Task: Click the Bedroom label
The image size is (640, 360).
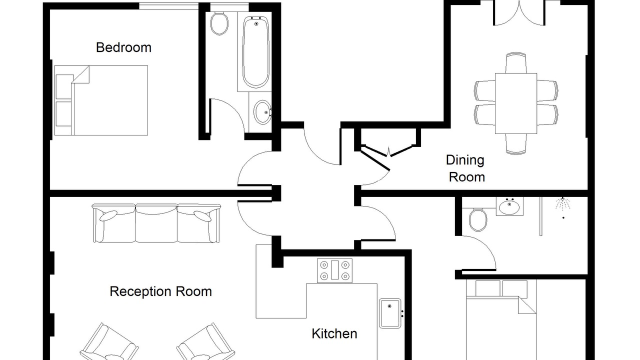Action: pos(123,47)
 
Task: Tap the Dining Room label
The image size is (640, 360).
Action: pos(465,168)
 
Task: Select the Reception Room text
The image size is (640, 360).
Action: pos(160,291)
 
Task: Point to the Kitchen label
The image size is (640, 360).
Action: pos(334,333)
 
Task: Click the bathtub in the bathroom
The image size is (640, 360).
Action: pos(255,52)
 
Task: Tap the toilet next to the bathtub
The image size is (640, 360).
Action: pos(219,23)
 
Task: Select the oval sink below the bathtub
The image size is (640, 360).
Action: pos(262,112)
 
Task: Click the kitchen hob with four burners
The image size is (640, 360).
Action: pos(334,270)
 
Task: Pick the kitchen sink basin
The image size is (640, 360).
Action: pos(390,313)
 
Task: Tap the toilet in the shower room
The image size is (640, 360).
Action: pos(478,219)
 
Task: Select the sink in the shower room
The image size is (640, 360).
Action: pos(509,206)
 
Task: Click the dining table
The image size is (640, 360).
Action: pos(516,103)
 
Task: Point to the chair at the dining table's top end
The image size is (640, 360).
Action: pos(516,63)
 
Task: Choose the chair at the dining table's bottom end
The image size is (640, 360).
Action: pos(516,144)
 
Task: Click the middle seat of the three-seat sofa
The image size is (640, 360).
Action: pos(156,223)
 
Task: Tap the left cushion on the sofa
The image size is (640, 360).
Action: pos(108,215)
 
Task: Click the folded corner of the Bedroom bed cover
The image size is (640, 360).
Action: pos(81,75)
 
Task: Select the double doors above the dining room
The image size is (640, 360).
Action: pos(519,13)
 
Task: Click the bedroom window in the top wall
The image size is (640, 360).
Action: pos(169,6)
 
